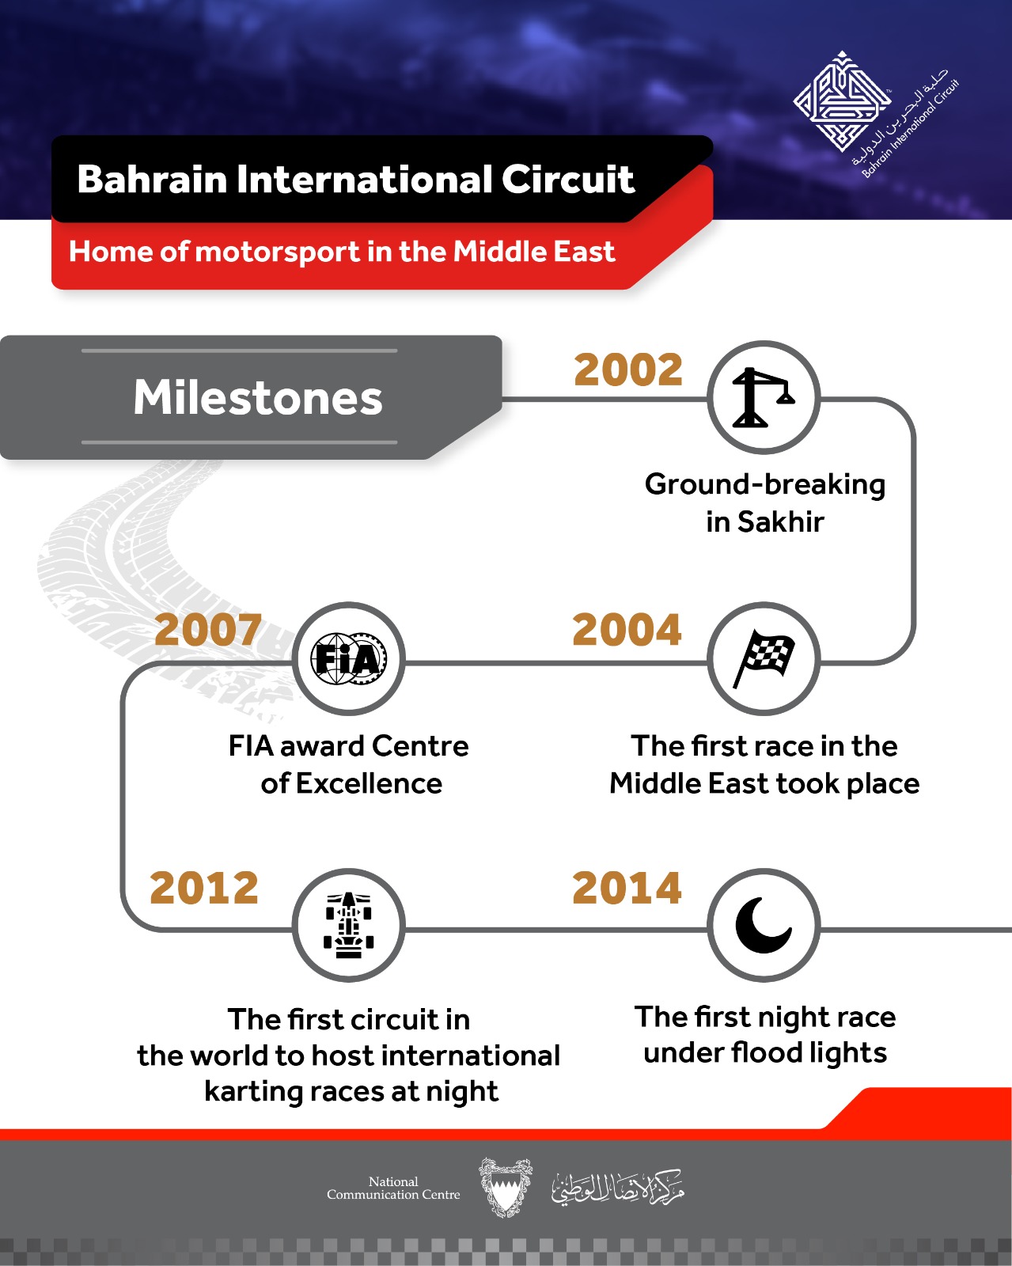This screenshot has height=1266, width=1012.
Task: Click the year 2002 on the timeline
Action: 628,370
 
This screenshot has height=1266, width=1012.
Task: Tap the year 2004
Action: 627,630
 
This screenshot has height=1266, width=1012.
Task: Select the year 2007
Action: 208,630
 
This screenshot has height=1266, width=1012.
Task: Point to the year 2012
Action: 204,888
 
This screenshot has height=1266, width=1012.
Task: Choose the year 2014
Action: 627,888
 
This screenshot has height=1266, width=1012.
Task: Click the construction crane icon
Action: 763,397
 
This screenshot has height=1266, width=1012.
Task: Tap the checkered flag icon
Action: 764,658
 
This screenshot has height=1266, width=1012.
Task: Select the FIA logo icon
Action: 349,658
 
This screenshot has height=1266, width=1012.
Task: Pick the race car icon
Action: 348,925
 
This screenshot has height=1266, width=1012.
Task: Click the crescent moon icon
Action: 763,926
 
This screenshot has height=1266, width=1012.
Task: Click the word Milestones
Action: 258,398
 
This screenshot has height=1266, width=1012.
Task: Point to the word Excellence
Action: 369,783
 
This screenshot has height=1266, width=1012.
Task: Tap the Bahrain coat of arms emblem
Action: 506,1187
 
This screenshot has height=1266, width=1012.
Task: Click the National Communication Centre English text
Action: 393,1188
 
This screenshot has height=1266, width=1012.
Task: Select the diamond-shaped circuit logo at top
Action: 842,101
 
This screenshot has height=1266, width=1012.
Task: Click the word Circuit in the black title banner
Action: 568,179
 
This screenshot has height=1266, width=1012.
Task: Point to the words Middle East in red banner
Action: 533,252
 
